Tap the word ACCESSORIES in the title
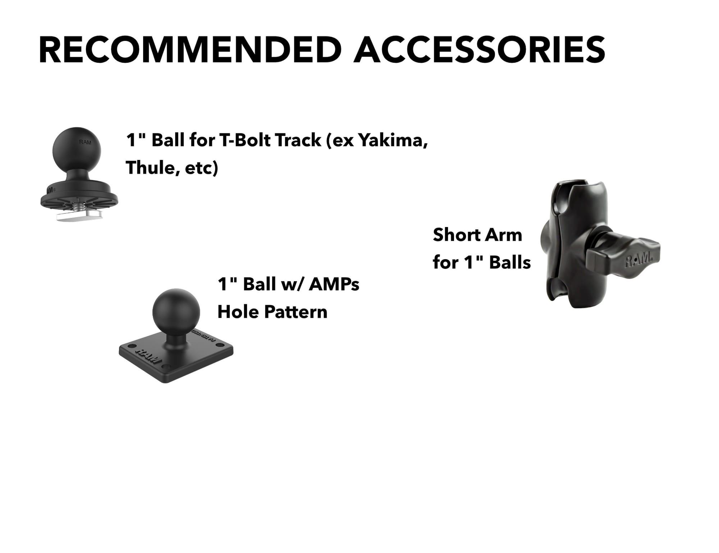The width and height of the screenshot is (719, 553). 479,50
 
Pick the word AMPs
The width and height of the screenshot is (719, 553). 334,284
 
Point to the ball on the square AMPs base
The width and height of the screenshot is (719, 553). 176,312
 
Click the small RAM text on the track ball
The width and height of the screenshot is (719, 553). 85,142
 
